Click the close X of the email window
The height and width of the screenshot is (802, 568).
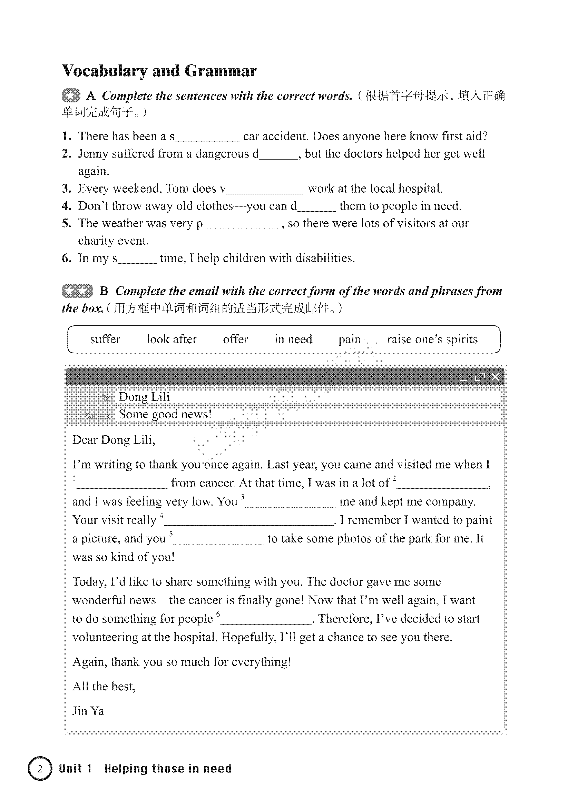[x=495, y=377]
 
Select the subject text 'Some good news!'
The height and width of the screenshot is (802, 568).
[x=165, y=414]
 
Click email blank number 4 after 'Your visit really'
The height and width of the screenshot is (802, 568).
[x=248, y=521]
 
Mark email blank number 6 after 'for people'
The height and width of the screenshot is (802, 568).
[x=266, y=619]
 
